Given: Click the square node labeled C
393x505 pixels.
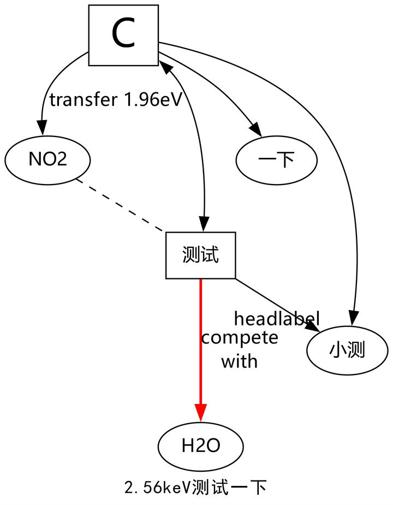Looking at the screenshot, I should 123,35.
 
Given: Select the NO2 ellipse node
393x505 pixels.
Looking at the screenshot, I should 47,161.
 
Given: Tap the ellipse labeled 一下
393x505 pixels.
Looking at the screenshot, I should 276,161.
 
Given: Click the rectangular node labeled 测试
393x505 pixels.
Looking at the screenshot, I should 200,255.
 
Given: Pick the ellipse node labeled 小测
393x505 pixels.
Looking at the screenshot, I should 347,350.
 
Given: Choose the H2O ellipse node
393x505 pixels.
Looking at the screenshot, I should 200,446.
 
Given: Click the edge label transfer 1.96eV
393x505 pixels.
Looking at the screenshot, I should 115,100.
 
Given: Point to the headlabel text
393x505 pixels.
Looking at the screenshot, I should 276,318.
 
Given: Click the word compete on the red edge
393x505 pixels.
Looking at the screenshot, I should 240,338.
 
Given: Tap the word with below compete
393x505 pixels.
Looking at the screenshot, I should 239,361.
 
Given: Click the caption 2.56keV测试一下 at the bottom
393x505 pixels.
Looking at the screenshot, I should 195,487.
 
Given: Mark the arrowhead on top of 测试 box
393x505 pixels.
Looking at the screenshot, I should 204,224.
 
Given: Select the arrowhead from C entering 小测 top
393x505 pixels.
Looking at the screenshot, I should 354,318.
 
